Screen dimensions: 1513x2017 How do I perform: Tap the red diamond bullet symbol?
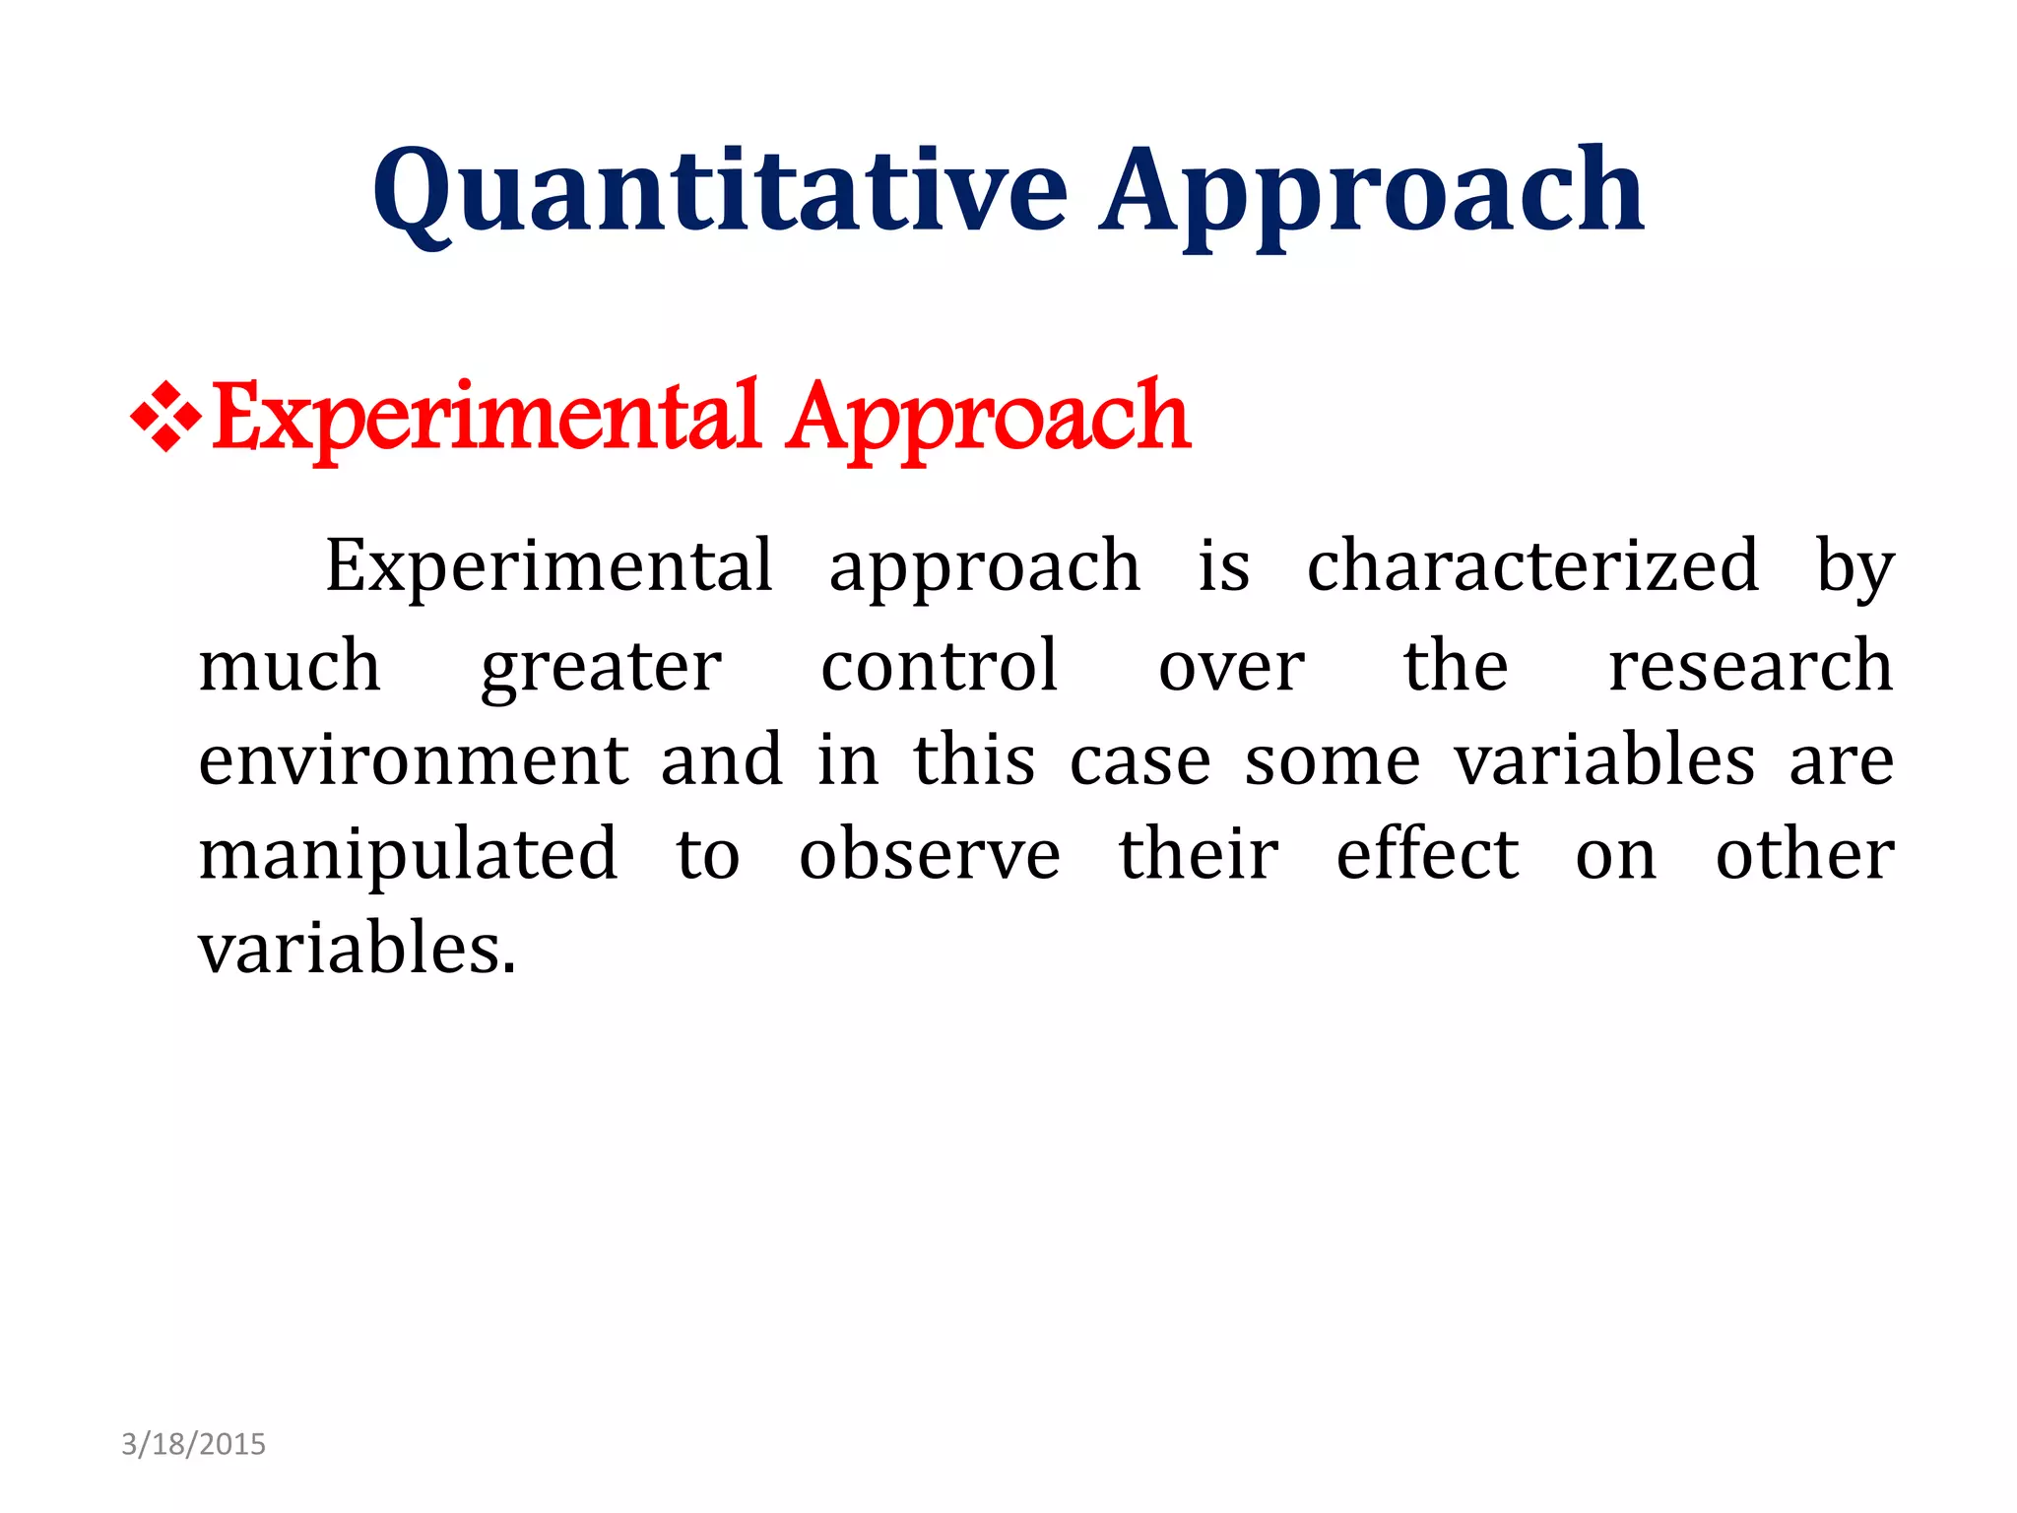165,417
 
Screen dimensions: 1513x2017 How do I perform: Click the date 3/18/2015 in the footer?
193,1444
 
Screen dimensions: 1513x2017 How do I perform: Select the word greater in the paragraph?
601,667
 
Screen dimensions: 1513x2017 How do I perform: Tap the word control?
940,666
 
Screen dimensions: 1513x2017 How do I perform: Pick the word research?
1750,666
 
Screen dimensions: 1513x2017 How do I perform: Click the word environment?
414,760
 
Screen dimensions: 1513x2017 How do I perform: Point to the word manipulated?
409,855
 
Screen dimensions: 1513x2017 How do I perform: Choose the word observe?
929,855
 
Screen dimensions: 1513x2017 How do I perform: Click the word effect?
1427,854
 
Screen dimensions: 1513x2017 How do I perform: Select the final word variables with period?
357,949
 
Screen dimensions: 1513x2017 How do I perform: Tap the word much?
290,666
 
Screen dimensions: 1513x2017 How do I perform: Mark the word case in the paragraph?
1139,761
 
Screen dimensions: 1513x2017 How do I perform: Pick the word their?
1199,854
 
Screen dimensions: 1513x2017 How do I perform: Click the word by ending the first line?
1854,569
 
